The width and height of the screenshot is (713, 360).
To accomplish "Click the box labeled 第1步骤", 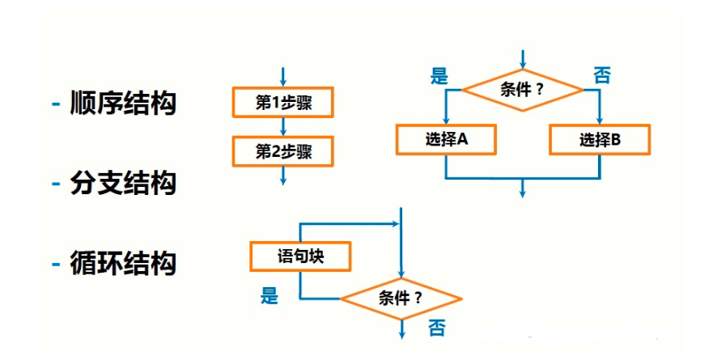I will tap(282, 104).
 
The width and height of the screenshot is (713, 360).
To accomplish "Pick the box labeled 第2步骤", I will tap(282, 151).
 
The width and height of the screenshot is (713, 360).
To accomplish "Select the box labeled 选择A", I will tap(446, 139).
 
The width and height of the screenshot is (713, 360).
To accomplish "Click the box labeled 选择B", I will tap(600, 139).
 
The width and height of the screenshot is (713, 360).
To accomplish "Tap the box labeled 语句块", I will tap(300, 257).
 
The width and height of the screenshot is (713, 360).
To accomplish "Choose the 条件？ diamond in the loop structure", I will tap(401, 298).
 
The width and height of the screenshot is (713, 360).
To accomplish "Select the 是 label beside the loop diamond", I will tap(269, 296).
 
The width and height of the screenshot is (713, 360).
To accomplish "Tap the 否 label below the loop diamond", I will tap(436, 328).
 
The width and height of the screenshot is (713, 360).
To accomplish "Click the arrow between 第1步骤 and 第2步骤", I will tap(282, 127).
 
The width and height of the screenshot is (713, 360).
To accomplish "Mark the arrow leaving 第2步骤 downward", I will tap(282, 176).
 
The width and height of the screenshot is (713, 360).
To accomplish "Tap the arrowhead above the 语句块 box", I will tap(395, 223).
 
